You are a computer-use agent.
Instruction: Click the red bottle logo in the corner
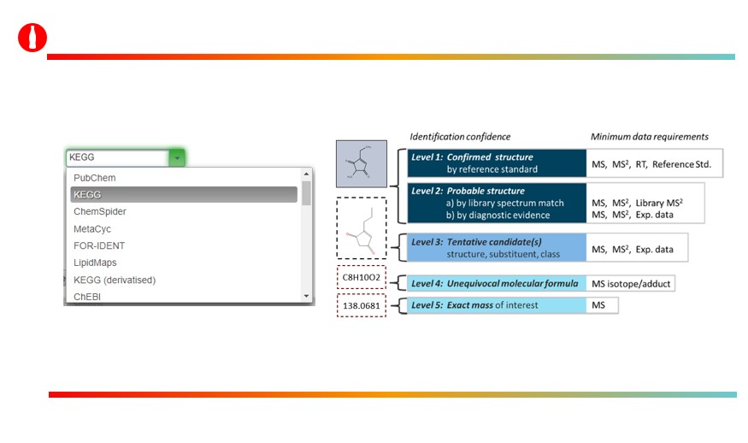32,38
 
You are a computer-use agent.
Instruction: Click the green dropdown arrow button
176,157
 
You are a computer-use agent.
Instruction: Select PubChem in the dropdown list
94,178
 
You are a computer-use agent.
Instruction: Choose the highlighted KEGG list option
87,195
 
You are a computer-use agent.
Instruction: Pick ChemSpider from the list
100,211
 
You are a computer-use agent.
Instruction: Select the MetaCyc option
92,228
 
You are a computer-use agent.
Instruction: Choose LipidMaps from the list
95,263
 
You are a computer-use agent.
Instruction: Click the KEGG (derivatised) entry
115,280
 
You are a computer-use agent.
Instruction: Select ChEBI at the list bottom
87,296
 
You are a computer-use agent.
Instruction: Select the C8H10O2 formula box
361,278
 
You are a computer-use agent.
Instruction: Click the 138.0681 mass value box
361,304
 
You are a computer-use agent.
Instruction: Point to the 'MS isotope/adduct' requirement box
631,283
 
